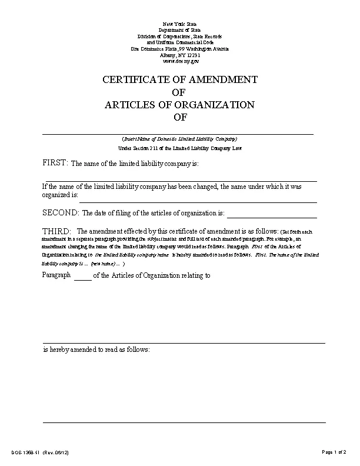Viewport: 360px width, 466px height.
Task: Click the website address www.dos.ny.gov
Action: click(x=180, y=61)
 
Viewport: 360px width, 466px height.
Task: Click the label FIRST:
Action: click(x=55, y=162)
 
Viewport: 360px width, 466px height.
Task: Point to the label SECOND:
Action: click(x=61, y=212)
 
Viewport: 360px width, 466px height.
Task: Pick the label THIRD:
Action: click(x=57, y=231)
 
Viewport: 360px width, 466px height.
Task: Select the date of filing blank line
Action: click(x=272, y=217)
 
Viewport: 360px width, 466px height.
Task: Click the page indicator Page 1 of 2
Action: click(x=334, y=452)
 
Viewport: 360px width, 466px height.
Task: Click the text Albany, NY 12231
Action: click(x=180, y=55)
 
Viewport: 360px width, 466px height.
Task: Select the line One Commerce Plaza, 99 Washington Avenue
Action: click(x=180, y=48)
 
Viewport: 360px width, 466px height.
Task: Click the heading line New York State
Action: click(x=180, y=23)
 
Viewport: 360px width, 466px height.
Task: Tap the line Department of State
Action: click(x=180, y=29)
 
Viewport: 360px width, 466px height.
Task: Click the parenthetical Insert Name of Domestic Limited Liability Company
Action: click(x=179, y=139)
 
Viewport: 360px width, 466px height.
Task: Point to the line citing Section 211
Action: click(x=179, y=148)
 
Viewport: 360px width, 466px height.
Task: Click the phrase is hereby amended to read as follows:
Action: click(x=96, y=349)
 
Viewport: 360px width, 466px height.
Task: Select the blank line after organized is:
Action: click(x=198, y=201)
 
